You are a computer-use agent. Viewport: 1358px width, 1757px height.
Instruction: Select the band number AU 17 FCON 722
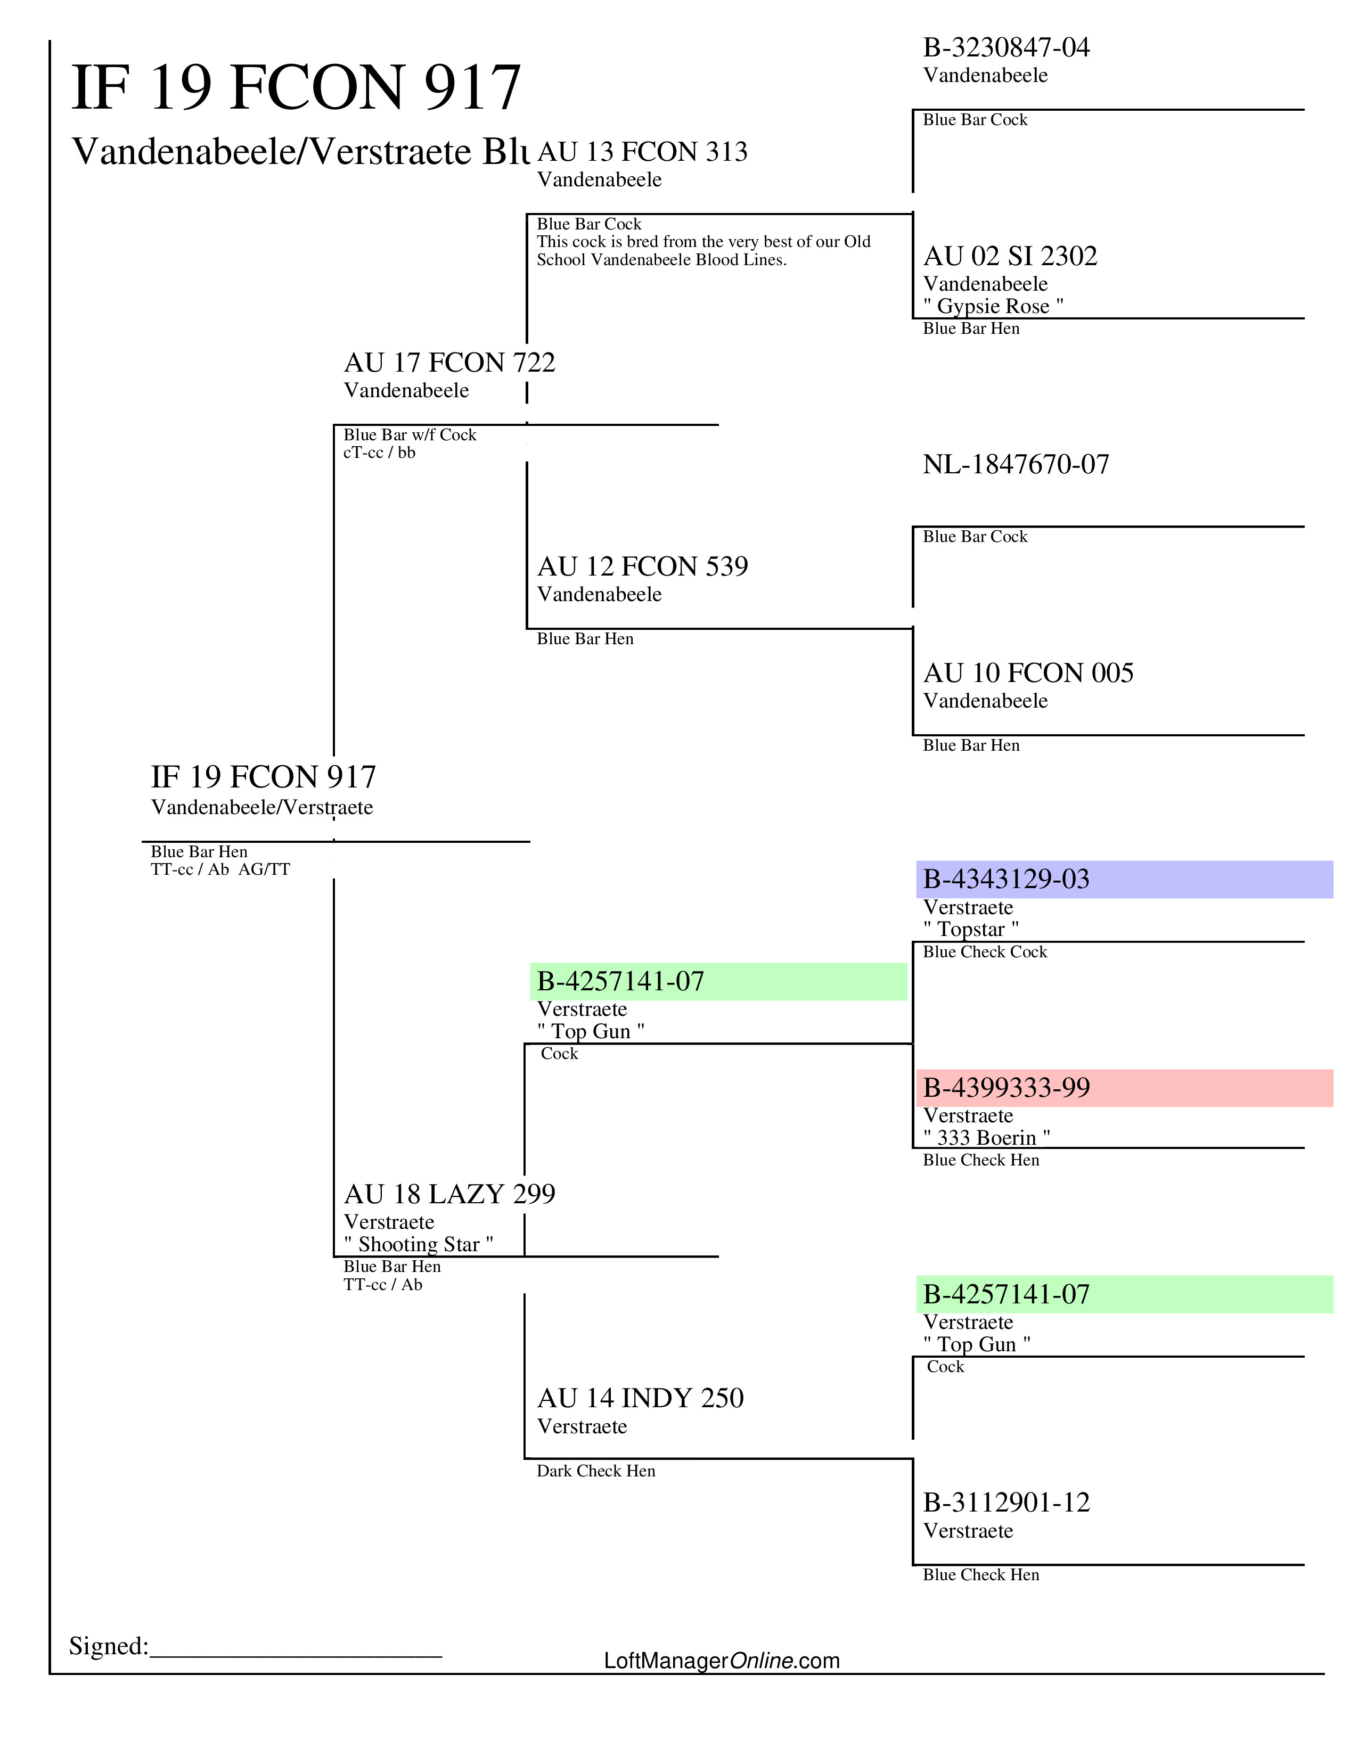coord(449,362)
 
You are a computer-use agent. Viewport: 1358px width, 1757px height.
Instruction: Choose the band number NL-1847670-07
coord(1015,464)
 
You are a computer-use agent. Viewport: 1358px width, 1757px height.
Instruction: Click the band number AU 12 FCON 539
coord(642,566)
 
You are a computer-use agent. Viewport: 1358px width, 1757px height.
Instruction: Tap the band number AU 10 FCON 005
coord(1027,672)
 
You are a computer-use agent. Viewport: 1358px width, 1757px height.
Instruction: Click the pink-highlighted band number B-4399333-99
coord(1005,1088)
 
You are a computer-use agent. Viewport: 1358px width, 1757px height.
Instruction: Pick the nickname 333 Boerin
coord(986,1138)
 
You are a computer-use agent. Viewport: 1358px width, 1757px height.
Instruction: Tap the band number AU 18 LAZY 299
coord(449,1194)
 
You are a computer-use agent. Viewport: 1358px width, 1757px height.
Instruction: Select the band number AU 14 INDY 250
coord(640,1398)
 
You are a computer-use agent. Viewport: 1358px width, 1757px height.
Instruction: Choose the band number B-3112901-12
coord(1005,1503)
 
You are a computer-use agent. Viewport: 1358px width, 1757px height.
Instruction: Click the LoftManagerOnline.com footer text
coord(721,1661)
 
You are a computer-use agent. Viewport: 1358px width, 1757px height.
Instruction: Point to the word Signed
coord(108,1646)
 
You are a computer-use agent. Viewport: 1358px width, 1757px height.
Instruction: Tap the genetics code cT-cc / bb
coord(379,453)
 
